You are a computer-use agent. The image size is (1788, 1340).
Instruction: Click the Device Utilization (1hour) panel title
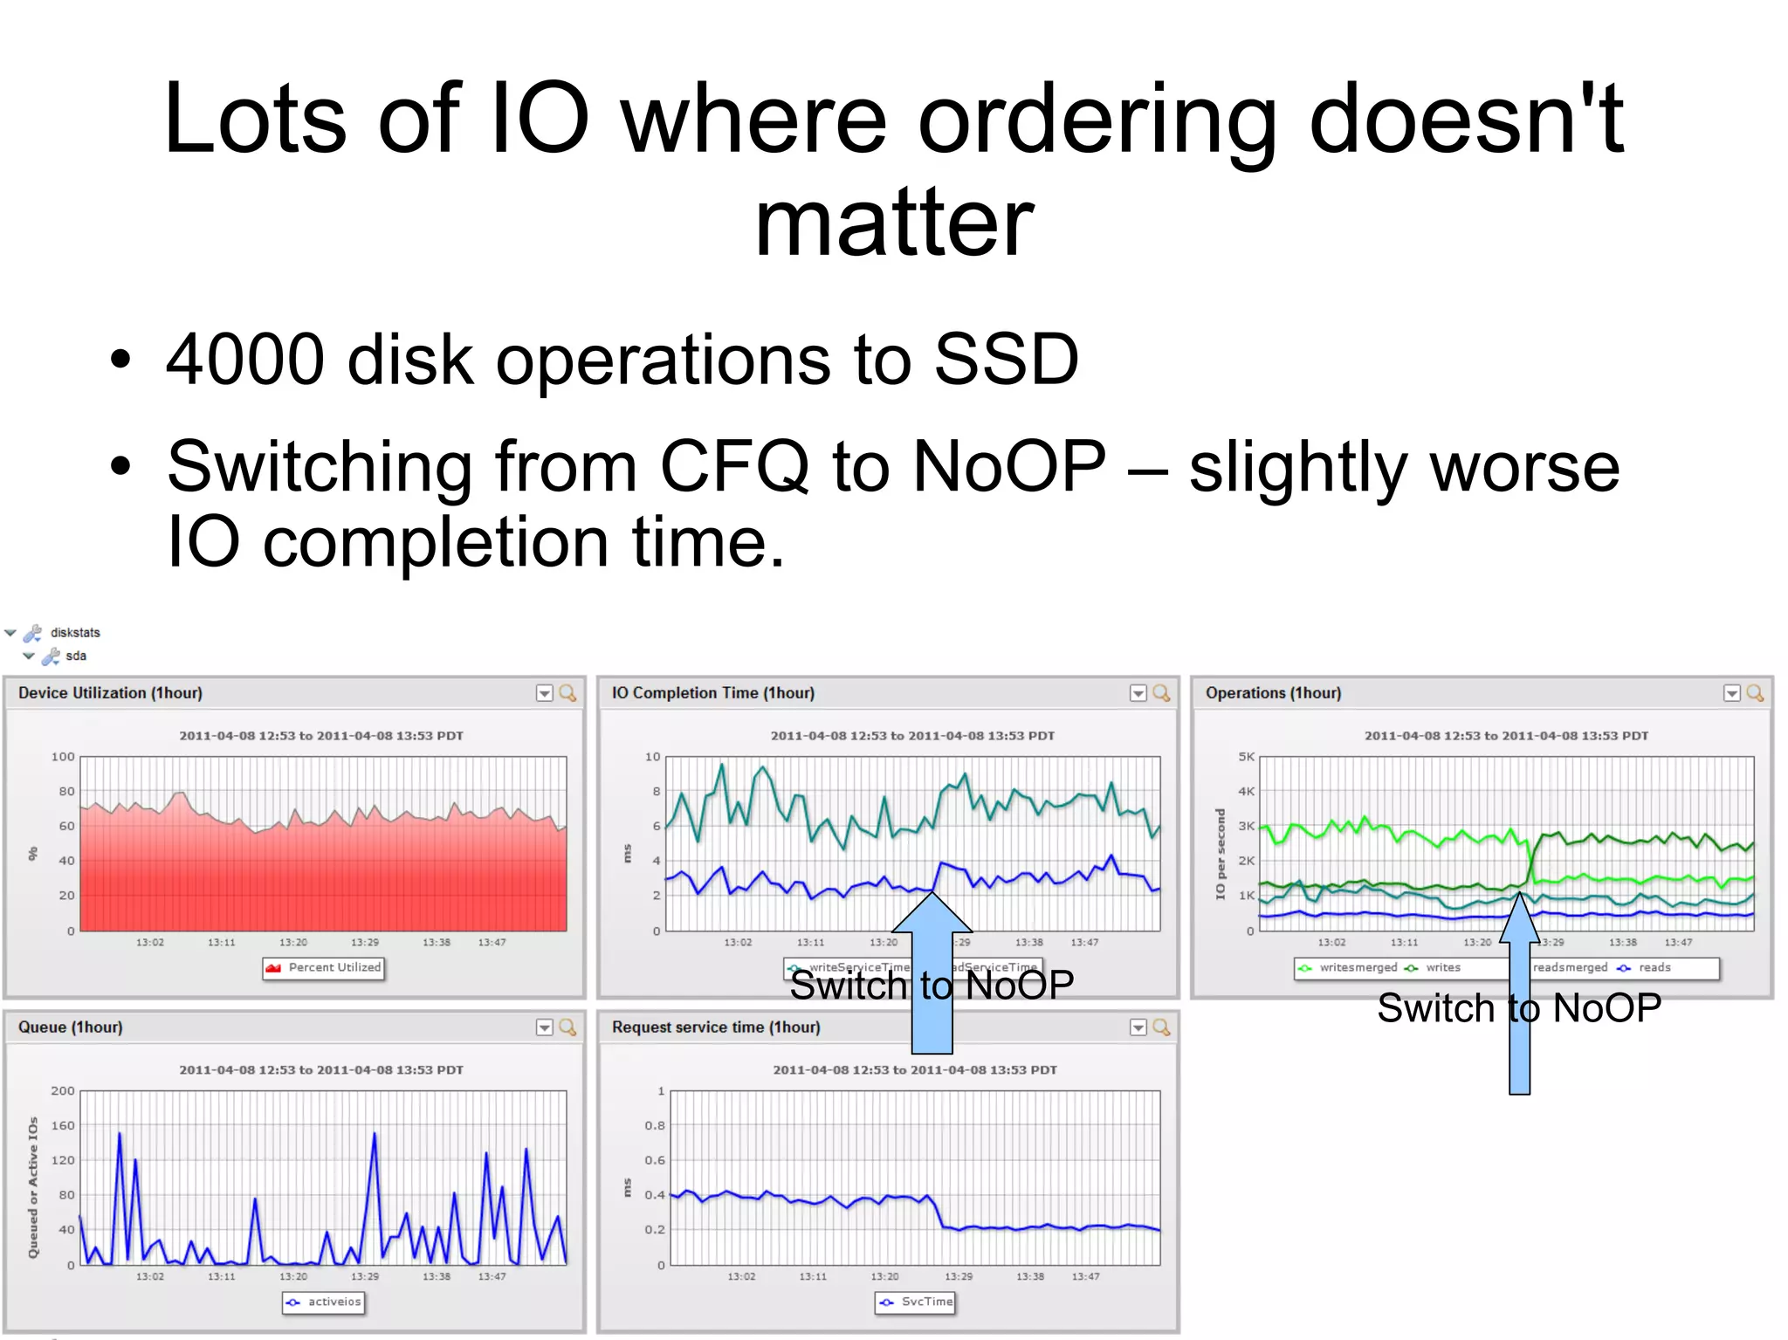click(110, 693)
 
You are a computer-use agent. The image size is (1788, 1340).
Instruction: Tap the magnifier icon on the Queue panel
click(567, 1027)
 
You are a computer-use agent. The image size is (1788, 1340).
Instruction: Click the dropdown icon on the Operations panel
click(1732, 693)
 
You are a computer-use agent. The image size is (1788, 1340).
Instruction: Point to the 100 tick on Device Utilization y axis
click(63, 757)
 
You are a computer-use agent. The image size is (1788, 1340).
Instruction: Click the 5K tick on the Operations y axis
click(1246, 757)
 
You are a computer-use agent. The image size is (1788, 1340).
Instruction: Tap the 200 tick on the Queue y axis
click(63, 1091)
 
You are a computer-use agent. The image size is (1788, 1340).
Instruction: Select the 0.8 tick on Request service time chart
click(655, 1125)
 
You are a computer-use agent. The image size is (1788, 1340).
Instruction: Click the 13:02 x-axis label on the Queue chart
click(150, 1276)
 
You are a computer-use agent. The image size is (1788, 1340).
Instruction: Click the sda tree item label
click(76, 656)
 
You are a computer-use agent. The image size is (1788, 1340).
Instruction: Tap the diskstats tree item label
click(75, 633)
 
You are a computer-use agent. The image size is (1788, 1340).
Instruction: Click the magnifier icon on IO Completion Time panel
click(1161, 693)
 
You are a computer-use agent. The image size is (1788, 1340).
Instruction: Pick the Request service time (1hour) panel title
click(716, 1027)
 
